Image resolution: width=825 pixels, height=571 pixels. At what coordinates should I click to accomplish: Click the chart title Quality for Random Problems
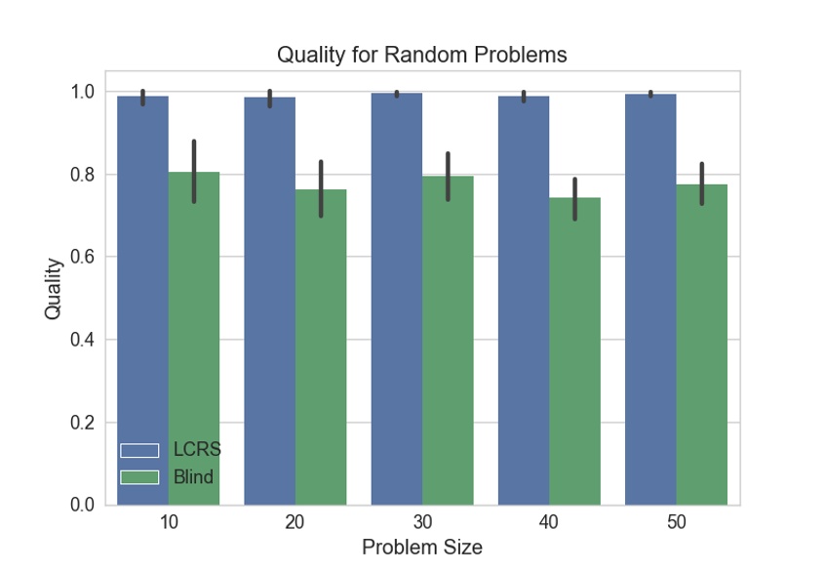421,55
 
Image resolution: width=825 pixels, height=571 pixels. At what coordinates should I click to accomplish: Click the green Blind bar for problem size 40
574,350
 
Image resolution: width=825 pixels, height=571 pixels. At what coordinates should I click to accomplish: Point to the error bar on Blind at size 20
321,188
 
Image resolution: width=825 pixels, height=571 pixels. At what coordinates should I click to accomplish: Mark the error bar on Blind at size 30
448,177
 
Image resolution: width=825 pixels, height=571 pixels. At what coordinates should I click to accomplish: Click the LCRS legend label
197,450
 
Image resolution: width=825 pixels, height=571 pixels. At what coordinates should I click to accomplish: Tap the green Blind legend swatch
139,477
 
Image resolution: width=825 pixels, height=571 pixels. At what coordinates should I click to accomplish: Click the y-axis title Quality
54,288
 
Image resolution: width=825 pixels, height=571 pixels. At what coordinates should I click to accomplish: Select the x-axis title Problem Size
421,547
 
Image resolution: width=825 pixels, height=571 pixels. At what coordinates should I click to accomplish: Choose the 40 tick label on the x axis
549,522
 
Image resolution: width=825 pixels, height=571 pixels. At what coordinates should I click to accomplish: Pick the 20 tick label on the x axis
295,522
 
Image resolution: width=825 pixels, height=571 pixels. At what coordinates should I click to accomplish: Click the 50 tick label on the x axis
676,522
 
